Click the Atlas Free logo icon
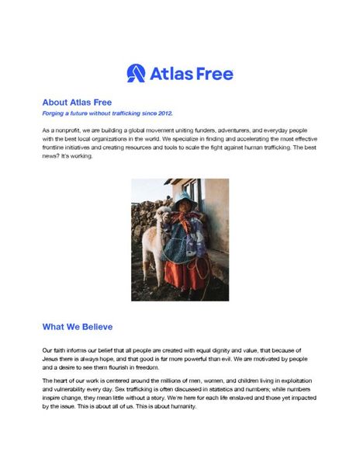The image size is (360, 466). tap(135, 73)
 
